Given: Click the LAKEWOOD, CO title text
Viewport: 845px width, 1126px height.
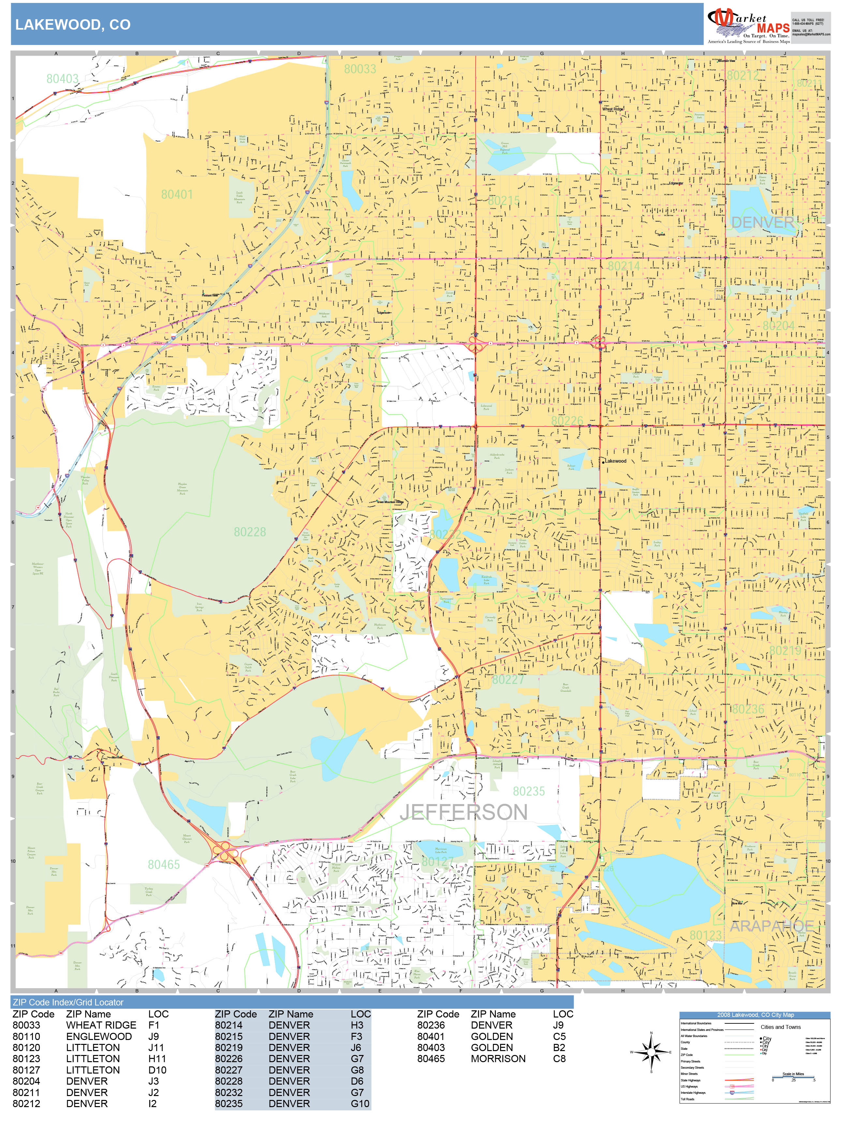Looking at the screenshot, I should pyautogui.click(x=73, y=24).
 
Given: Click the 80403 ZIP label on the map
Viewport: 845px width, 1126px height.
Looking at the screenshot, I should pyautogui.click(x=62, y=79).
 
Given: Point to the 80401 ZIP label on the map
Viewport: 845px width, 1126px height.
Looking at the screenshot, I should pyautogui.click(x=177, y=195).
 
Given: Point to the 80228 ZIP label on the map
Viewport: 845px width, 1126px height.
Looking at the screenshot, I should pyautogui.click(x=250, y=532).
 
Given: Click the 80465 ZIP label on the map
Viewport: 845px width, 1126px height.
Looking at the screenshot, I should pyautogui.click(x=164, y=864).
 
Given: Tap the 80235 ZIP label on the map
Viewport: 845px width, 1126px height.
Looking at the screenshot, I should pyautogui.click(x=529, y=791).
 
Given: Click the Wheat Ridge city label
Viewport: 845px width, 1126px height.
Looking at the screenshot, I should pyautogui.click(x=612, y=109).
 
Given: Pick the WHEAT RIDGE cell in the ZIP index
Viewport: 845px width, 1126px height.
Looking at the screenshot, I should pyautogui.click(x=101, y=1025).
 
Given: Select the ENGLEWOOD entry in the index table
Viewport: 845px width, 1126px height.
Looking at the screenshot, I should pyautogui.click(x=99, y=1036).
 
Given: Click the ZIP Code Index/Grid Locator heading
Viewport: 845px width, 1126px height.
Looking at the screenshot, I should pyautogui.click(x=68, y=1002).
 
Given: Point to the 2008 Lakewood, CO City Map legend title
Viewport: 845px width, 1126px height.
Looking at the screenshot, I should pyautogui.click(x=755, y=1015).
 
